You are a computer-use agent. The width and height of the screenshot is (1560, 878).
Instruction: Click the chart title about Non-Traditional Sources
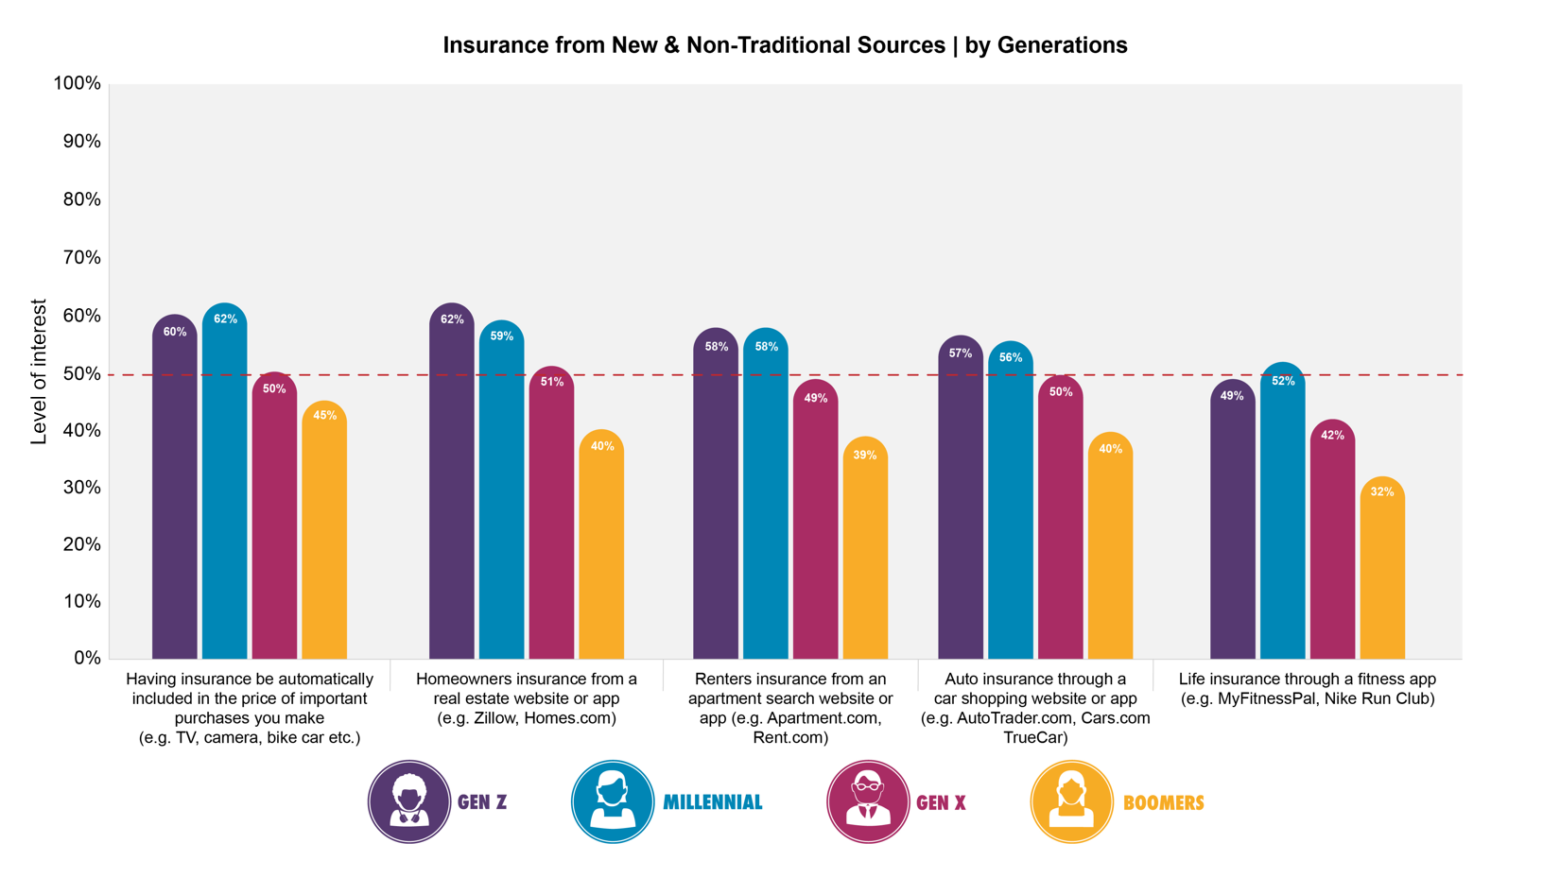pyautogui.click(x=785, y=45)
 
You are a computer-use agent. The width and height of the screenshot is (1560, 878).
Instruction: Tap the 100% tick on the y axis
pyautogui.click(x=78, y=83)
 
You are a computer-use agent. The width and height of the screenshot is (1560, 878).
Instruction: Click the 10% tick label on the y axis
pyautogui.click(x=80, y=601)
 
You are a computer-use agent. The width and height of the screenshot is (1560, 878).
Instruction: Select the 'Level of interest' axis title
pyautogui.click(x=39, y=372)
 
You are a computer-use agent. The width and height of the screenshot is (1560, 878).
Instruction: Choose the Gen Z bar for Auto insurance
pyautogui.click(x=961, y=501)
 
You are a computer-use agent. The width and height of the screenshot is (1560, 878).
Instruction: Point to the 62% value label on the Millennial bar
pyautogui.click(x=225, y=319)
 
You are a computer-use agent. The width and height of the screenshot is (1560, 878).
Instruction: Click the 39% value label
pyautogui.click(x=865, y=456)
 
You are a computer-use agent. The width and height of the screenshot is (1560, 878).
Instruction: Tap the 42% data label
pyautogui.click(x=1332, y=436)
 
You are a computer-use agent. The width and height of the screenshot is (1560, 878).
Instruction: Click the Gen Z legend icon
pyautogui.click(x=409, y=801)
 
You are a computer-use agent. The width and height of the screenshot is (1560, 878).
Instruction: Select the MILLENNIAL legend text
pyautogui.click(x=712, y=802)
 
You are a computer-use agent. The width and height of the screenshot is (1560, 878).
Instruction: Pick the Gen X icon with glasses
pyautogui.click(x=868, y=801)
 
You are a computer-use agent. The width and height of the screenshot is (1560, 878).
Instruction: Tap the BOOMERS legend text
pyautogui.click(x=1163, y=802)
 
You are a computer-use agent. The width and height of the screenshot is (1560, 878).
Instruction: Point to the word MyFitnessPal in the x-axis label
pyautogui.click(x=1267, y=699)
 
